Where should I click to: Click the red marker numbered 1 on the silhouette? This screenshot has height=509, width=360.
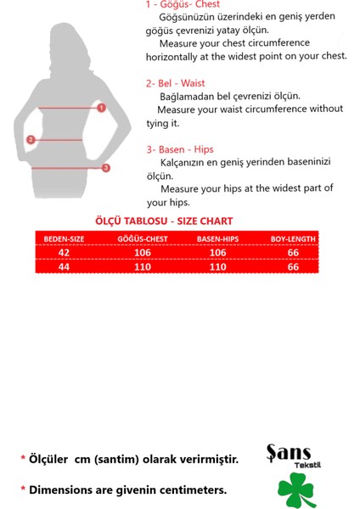point(101,108)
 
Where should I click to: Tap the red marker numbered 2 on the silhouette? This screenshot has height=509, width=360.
point(31,140)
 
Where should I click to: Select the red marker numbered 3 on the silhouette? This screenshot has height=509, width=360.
point(106,168)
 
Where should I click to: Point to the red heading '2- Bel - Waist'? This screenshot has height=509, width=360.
point(175,83)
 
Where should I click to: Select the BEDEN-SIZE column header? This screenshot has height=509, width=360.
point(64,239)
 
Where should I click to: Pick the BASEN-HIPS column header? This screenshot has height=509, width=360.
point(218,239)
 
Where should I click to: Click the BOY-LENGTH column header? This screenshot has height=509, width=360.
point(293,239)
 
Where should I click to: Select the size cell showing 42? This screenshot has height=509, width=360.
point(65,252)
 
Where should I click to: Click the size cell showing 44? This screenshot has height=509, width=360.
point(65,266)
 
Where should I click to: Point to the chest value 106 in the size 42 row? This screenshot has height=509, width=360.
point(142,252)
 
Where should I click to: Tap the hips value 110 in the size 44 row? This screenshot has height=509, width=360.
point(218,266)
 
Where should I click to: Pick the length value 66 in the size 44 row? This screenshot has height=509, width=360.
point(294,266)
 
